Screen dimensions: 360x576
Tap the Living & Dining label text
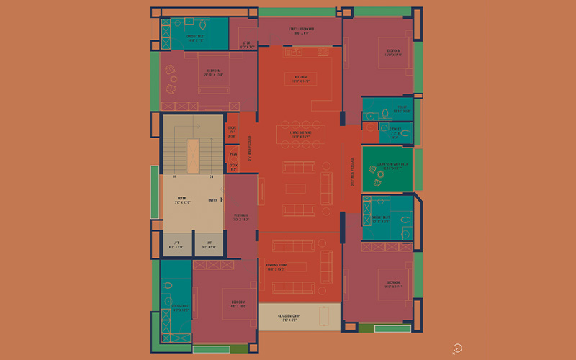click(300, 134)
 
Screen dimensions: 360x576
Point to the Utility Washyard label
click(300, 31)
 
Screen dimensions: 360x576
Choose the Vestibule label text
click(240, 217)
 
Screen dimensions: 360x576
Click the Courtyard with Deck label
click(387, 166)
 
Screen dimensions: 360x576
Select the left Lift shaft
click(176, 244)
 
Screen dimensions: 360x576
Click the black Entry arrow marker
click(222, 199)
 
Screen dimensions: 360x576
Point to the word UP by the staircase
click(174, 176)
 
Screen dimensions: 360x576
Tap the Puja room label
click(233, 153)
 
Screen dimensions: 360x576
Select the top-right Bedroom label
click(393, 53)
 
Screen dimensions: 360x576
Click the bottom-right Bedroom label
click(393, 283)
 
